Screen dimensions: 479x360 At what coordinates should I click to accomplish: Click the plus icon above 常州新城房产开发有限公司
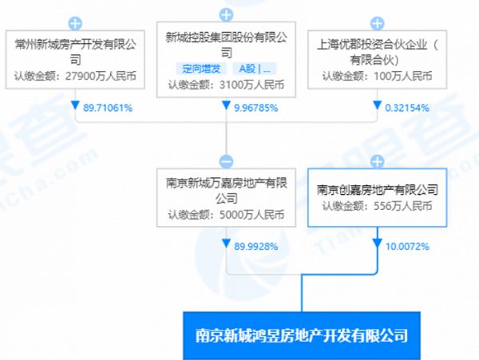coord(75,23)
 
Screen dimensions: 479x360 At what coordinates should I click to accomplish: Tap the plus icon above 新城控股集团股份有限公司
coord(226,14)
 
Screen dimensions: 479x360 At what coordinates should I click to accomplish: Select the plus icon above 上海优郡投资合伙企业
coord(378,23)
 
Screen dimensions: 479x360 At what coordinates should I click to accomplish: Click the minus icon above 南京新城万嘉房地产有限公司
coord(226,161)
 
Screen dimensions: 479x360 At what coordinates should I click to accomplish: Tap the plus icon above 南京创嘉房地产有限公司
coord(378,161)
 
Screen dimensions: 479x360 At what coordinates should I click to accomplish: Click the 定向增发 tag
coord(201,69)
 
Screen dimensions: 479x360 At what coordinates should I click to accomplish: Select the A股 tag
coord(255,69)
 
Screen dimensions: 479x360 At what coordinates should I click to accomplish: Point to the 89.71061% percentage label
coord(108,108)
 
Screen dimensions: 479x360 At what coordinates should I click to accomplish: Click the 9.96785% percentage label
coord(256,108)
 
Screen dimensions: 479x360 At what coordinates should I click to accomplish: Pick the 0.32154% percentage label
coord(407,108)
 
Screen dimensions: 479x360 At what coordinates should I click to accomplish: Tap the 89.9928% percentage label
coord(256,246)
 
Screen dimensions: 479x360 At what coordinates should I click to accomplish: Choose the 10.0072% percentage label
coord(407,246)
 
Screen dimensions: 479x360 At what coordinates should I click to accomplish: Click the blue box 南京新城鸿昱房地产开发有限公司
coord(302,335)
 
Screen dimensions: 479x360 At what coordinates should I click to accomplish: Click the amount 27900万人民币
coord(101,76)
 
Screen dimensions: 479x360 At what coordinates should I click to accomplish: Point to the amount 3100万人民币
coord(251,85)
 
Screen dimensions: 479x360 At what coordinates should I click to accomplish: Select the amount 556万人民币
coord(403,206)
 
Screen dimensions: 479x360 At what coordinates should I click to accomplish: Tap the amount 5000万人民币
coord(251,215)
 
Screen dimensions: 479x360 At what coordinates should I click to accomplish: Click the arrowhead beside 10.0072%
coord(378,243)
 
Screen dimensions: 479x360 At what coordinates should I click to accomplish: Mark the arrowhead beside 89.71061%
coord(75,105)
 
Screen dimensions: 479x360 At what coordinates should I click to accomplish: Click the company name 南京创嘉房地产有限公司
coord(378,190)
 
